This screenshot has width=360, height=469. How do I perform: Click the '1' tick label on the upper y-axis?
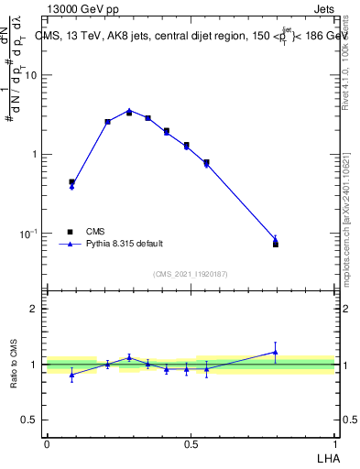tap(36, 154)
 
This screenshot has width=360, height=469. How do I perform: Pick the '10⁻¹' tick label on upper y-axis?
tap(30, 234)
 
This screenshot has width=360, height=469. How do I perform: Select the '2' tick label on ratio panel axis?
tap(36, 309)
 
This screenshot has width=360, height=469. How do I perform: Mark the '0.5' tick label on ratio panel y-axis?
tap(32, 420)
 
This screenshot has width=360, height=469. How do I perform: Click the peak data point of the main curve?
tap(129, 111)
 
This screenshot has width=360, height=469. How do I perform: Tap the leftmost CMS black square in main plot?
tap(71, 181)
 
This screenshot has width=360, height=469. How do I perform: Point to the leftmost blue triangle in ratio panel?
tap(71, 375)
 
